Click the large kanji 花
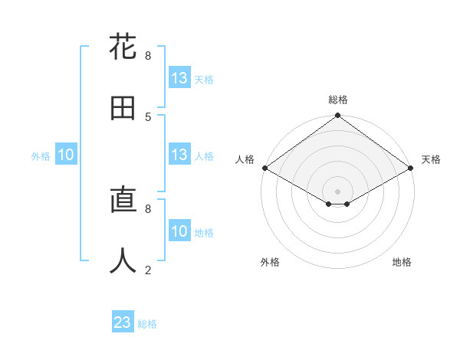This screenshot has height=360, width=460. tap(123, 47)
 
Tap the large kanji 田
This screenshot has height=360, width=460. tap(123, 108)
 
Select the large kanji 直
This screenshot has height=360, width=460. tap(123, 201)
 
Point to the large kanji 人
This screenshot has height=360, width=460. tap(123, 261)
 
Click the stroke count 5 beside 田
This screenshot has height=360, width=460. tap(148, 116)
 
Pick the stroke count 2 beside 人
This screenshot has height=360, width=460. tap(148, 270)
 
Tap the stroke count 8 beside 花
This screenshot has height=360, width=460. tap(148, 55)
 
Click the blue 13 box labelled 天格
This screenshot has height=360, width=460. tap(179, 78)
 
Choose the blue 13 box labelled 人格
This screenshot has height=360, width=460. tap(179, 155)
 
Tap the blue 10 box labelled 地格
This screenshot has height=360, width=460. tap(179, 231)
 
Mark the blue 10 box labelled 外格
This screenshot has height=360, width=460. tap(66, 155)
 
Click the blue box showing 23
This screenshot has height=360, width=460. tap(123, 322)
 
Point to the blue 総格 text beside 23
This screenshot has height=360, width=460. tap(147, 324)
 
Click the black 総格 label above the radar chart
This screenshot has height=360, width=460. tap(337, 100)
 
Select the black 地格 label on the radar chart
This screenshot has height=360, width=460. tap(402, 263)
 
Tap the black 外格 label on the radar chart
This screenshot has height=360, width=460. tap(270, 263)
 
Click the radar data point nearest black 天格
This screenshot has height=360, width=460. tap(411, 168)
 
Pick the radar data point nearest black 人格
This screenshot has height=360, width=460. tap(264, 168)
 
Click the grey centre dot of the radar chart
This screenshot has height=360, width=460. tap(337, 191)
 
